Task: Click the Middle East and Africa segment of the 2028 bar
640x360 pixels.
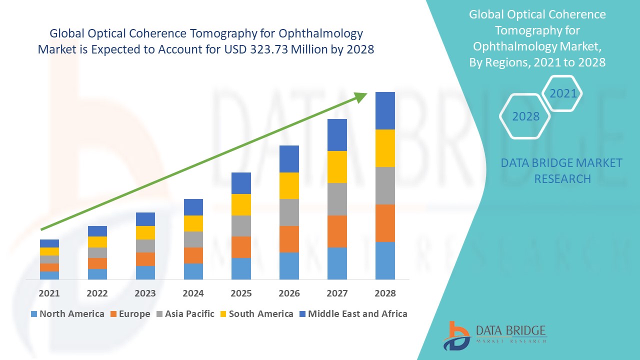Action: [x=385, y=110]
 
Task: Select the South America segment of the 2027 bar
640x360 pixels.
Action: [x=337, y=166]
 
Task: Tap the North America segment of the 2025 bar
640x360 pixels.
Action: [x=241, y=268]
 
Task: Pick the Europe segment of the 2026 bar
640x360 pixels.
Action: [x=289, y=239]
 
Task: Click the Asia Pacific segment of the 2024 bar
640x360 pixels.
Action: [x=193, y=239]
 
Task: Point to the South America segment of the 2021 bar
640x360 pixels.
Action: [x=49, y=251]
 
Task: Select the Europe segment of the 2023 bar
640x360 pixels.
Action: [x=145, y=259]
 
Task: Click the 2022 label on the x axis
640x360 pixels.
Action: [x=97, y=293]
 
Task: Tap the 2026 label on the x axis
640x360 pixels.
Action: [x=289, y=293]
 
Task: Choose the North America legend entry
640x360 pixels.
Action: [x=67, y=314]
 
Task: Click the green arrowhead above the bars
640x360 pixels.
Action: [x=361, y=96]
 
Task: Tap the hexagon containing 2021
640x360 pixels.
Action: [x=562, y=93]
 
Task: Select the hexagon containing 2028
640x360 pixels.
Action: [x=525, y=116]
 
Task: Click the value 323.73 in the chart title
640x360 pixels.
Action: [x=269, y=50]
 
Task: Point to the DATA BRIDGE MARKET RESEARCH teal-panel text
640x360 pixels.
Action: [x=561, y=170]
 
